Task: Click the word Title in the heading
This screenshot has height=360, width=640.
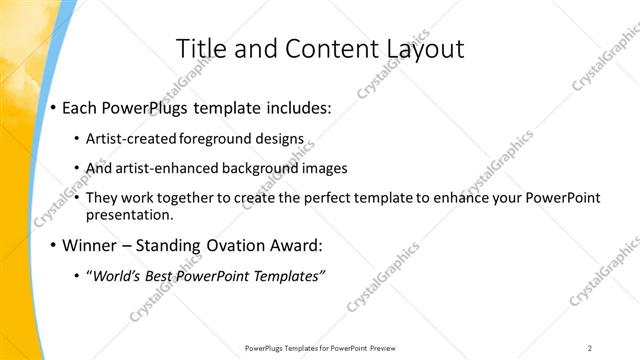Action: tap(200, 49)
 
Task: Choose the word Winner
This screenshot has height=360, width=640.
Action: tap(92, 245)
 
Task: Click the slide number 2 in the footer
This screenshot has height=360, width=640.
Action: tap(590, 347)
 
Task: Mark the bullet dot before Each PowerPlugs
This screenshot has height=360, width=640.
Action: tap(52, 108)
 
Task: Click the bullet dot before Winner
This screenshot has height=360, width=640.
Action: tap(52, 246)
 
